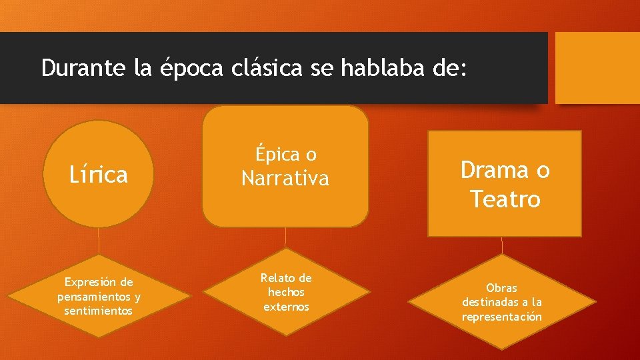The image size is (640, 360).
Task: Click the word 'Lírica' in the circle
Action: click(99, 175)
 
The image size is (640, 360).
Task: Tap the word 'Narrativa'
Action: click(285, 179)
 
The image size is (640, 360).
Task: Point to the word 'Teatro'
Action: click(505, 199)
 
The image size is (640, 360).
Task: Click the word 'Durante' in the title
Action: click(83, 68)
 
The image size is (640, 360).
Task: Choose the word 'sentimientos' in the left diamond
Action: click(99, 311)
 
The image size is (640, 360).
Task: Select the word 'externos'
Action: click(286, 307)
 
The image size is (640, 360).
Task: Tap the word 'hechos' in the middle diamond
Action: click(286, 292)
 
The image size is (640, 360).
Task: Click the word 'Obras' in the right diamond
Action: click(501, 288)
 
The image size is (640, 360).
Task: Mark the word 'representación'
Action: click(501, 317)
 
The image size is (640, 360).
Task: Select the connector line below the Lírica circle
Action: click(99, 241)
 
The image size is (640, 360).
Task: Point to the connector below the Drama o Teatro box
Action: click(502, 245)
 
